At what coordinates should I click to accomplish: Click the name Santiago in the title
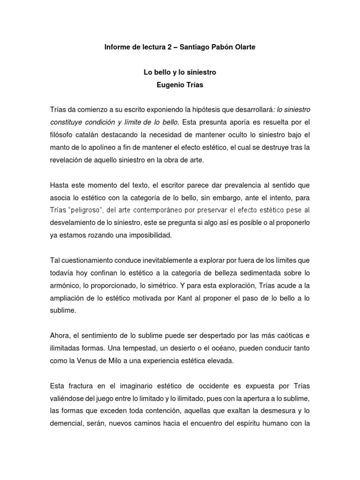188,48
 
